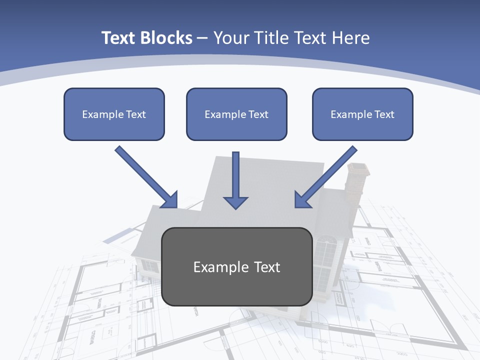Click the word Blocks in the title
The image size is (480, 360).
(167, 38)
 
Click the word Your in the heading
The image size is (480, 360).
(231, 38)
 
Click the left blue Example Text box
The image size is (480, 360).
(114, 114)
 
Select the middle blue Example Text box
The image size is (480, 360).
(236, 114)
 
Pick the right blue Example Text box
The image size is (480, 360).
(362, 114)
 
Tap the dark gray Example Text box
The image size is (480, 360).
(236, 266)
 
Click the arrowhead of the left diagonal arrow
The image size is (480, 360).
(171, 200)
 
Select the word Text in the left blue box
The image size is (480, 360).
(136, 114)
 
